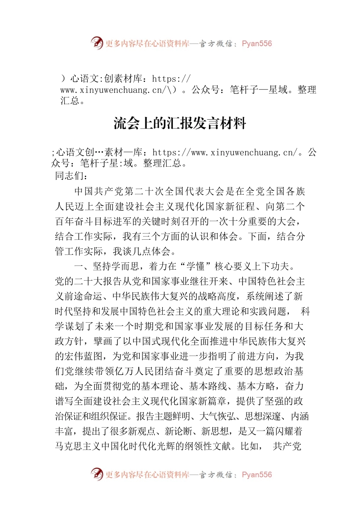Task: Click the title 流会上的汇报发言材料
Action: coord(180,124)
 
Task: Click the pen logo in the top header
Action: coord(97,43)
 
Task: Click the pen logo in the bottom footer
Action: coord(97,474)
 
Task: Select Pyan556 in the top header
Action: coord(257,44)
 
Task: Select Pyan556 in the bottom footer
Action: coord(257,475)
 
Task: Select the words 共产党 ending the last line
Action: coord(287,447)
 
